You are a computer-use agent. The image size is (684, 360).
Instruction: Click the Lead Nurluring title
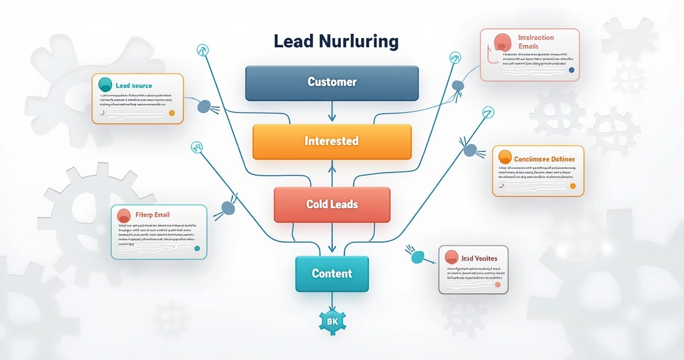pyautogui.click(x=336, y=42)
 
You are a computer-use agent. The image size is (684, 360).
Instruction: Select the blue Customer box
pyautogui.click(x=332, y=82)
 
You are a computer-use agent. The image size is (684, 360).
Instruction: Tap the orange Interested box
pyautogui.click(x=332, y=141)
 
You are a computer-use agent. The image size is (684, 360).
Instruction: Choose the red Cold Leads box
pyautogui.click(x=332, y=204)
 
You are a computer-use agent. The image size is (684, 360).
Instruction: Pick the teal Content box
pyautogui.click(x=332, y=274)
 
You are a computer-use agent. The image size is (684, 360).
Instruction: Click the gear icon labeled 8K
pyautogui.click(x=332, y=322)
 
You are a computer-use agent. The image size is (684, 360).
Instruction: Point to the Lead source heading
pyautogui.click(x=134, y=85)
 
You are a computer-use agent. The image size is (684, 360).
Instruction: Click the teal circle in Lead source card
pyautogui.click(x=105, y=85)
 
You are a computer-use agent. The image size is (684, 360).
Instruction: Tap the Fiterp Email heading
pyautogui.click(x=152, y=215)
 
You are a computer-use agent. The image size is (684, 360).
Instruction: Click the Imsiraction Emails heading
pyautogui.click(x=535, y=42)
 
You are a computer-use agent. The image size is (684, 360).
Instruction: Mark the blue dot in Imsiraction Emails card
pyautogui.click(x=571, y=70)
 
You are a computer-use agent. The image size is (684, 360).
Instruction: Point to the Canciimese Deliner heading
pyautogui.click(x=544, y=159)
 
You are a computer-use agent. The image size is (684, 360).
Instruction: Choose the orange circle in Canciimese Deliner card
pyautogui.click(x=505, y=157)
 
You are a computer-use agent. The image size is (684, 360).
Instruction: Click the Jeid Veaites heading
pyautogui.click(x=479, y=258)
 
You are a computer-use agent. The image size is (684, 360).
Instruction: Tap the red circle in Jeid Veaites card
pyautogui.click(x=451, y=258)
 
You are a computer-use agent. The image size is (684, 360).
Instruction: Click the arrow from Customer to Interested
pyautogui.click(x=332, y=111)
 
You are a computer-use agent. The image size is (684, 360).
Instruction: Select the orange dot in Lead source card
pyautogui.click(x=172, y=113)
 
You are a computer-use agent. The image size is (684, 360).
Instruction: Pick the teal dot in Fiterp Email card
pyautogui.click(x=196, y=248)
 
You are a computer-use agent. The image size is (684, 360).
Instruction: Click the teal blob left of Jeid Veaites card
pyautogui.click(x=417, y=257)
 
